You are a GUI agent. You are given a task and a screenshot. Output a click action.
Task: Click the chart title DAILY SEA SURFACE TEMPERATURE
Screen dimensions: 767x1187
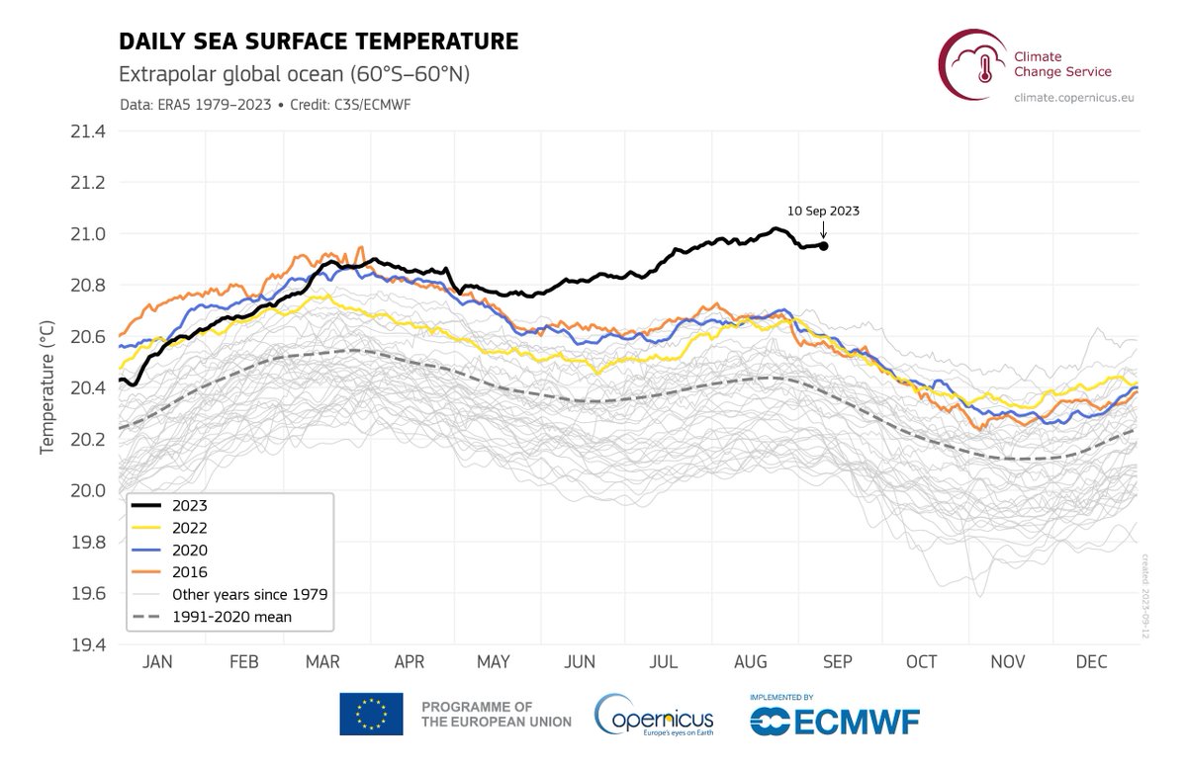point(319,42)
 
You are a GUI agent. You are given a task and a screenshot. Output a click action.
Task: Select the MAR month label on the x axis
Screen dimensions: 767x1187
point(325,662)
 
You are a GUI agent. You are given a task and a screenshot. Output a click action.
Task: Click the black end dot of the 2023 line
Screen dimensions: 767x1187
point(824,246)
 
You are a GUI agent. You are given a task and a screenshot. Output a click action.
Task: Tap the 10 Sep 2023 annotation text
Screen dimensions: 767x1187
point(823,211)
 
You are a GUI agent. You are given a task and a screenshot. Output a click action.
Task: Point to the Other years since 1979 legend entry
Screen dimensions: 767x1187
point(249,594)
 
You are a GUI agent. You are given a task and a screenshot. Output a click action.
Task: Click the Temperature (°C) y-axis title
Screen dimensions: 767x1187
point(46,393)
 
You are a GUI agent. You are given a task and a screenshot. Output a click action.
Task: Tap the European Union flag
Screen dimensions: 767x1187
point(371,714)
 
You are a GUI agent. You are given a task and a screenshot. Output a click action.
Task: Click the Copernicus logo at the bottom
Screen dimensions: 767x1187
point(654,715)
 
